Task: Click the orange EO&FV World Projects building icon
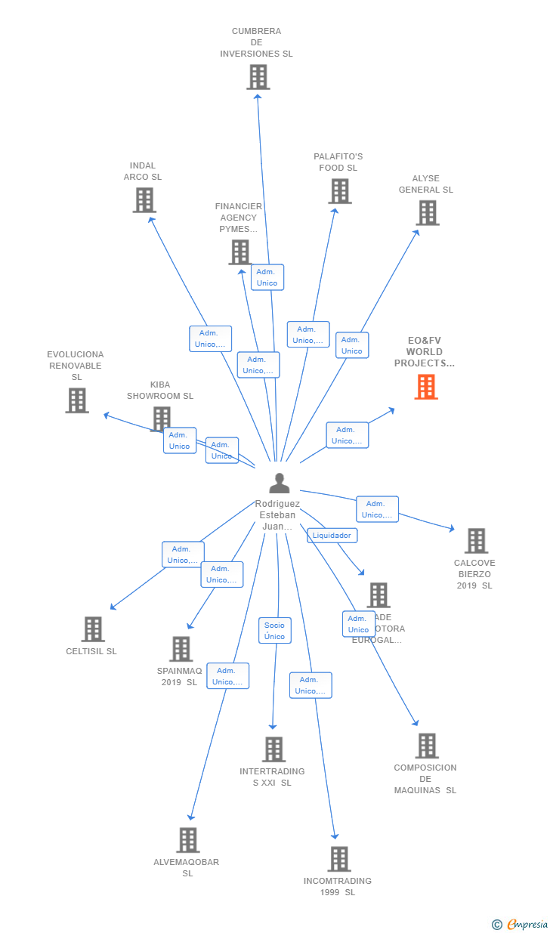426,387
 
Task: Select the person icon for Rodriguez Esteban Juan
280,483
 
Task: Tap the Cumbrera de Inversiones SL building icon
258,76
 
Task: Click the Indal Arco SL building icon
144,200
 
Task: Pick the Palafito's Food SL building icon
340,191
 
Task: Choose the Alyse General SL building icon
428,213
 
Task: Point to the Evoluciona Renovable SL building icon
77,400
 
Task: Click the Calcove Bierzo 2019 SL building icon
476,541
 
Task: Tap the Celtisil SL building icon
93,629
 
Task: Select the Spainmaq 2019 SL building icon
181,649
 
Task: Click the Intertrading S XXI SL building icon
273,749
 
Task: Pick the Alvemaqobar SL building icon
187,840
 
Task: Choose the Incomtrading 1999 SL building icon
339,859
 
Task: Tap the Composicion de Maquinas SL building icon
426,746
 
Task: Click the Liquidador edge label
332,535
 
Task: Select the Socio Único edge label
274,631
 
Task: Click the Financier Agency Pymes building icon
239,252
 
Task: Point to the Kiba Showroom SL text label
160,390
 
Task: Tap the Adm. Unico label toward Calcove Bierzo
377,509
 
